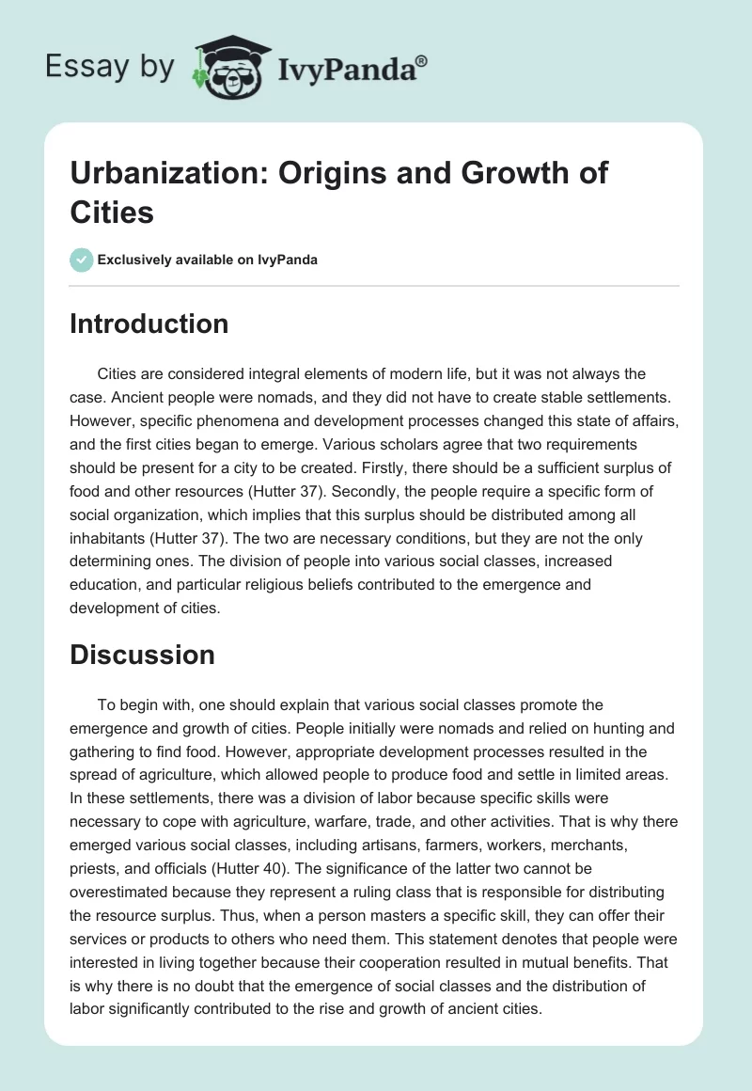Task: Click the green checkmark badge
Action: point(82,260)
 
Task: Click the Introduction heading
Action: point(149,324)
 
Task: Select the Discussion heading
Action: point(142,655)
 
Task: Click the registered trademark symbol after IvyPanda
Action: point(422,60)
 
